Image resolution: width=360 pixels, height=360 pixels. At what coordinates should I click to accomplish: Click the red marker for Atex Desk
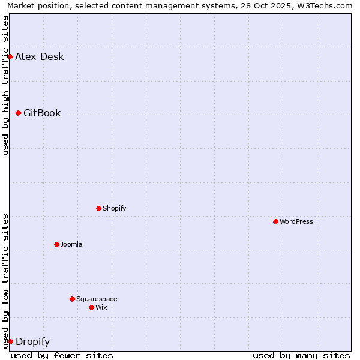[10, 57]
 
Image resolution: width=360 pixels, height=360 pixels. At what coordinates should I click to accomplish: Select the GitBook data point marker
[19, 113]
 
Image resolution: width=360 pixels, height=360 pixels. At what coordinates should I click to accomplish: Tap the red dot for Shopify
[99, 209]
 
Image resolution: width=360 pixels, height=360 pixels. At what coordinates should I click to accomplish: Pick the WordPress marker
[276, 222]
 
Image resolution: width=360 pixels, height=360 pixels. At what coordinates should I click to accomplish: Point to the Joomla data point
[57, 245]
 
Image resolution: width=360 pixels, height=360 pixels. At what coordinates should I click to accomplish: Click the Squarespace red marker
[73, 299]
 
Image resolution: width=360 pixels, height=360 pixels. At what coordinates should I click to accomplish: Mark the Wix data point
[92, 308]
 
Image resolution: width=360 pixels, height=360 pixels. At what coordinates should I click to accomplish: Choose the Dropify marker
[10, 342]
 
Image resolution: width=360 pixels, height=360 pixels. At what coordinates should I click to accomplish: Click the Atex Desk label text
[39, 57]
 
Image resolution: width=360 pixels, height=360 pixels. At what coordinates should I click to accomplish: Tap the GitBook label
[42, 113]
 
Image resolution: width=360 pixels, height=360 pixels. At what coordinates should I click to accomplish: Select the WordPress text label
[296, 222]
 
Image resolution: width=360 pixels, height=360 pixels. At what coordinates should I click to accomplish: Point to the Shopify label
[115, 209]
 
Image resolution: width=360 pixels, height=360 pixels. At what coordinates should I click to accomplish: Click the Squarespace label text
[97, 299]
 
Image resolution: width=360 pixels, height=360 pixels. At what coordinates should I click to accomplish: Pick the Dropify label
[32, 342]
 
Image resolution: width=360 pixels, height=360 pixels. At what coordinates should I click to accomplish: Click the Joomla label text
[71, 245]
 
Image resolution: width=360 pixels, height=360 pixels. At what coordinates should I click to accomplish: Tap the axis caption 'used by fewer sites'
[62, 355]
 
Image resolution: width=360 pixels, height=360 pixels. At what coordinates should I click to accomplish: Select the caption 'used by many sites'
[301, 355]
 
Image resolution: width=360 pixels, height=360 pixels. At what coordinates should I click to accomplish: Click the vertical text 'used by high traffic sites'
[6, 85]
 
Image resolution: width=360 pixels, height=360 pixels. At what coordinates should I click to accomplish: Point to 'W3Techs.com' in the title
[326, 5]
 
